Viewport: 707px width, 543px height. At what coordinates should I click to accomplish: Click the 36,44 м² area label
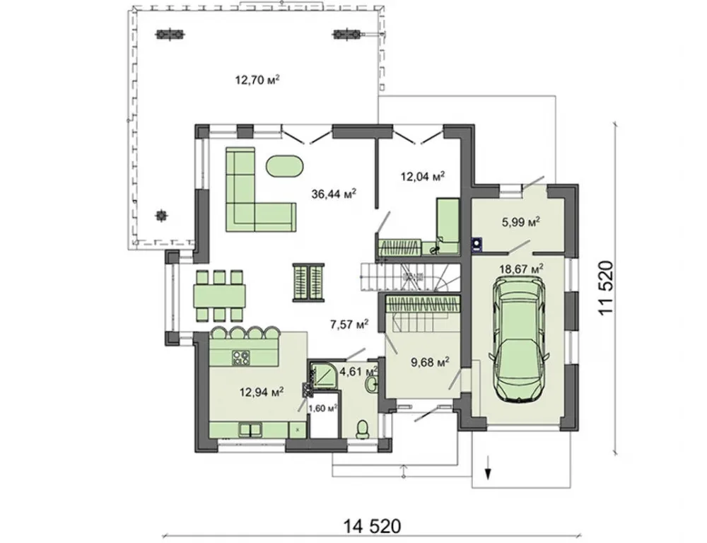tap(334, 194)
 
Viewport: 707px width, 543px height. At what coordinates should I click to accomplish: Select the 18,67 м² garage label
tap(521, 269)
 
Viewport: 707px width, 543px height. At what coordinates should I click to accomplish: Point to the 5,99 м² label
tap(521, 222)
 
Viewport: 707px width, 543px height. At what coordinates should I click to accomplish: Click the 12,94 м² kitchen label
tap(262, 392)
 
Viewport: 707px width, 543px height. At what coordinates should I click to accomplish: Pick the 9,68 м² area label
tap(430, 362)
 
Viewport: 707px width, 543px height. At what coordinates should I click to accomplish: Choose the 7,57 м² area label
tap(350, 325)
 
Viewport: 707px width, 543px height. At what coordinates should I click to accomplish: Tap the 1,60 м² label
tap(323, 408)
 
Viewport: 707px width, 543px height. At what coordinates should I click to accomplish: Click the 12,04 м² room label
tap(423, 176)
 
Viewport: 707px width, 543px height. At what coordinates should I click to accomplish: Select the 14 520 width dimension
tap(372, 526)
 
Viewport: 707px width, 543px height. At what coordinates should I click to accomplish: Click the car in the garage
tap(519, 338)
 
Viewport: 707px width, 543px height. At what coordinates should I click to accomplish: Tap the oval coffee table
tap(285, 167)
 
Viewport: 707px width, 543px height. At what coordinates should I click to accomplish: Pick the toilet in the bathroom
tap(362, 429)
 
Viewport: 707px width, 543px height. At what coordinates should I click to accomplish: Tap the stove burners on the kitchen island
tap(241, 358)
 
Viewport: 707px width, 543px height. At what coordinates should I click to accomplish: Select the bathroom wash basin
tap(370, 385)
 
